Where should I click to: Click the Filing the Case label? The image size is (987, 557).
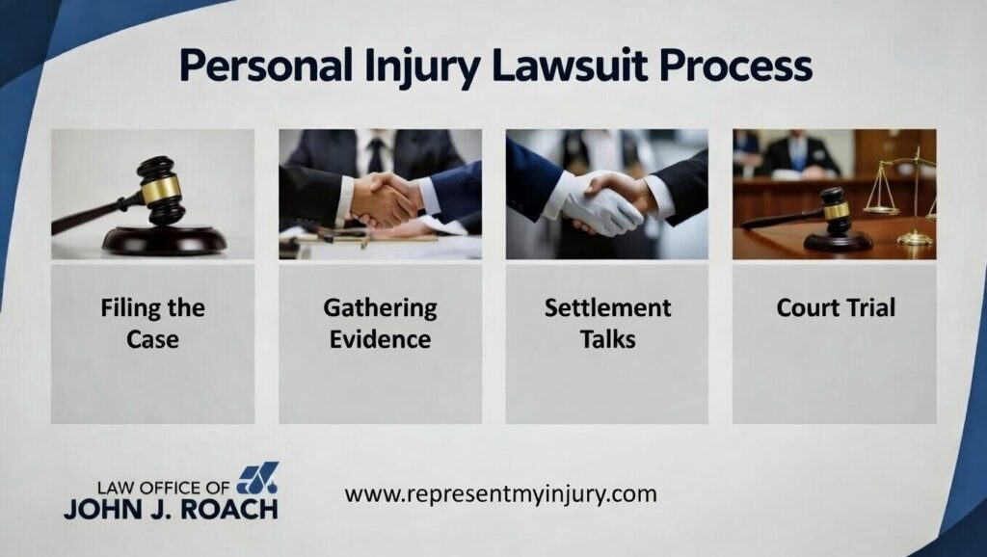click(x=153, y=323)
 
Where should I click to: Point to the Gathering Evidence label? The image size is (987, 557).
click(x=380, y=323)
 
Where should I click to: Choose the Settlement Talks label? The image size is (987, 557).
click(x=607, y=323)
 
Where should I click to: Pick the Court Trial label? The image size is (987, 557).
click(x=836, y=307)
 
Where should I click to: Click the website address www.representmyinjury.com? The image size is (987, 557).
click(x=500, y=494)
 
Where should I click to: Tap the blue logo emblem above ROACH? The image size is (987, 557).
click(x=257, y=478)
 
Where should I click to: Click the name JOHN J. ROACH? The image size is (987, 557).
click(x=171, y=509)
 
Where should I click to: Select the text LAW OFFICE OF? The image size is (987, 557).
click(x=164, y=488)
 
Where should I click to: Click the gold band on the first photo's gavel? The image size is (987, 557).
click(x=161, y=189)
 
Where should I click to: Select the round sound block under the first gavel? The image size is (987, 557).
click(x=164, y=239)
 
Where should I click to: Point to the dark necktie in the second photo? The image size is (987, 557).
click(x=378, y=153)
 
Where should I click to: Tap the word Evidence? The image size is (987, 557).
click(x=380, y=339)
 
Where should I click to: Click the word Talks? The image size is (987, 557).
click(x=607, y=339)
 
